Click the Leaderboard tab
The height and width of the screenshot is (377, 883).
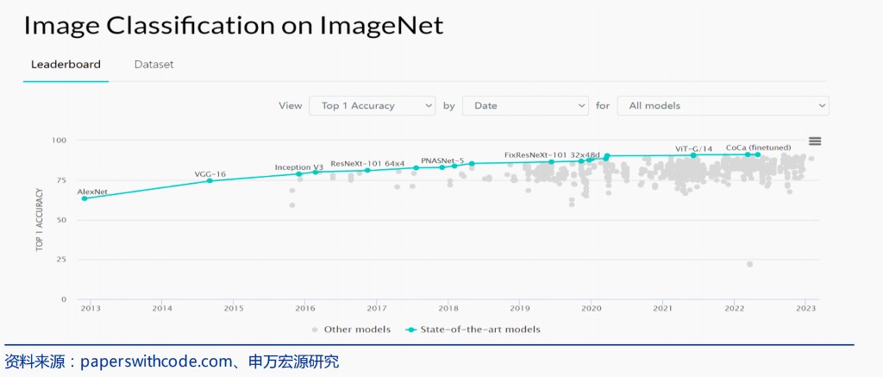coord(66,65)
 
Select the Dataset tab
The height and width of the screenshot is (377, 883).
coord(153,65)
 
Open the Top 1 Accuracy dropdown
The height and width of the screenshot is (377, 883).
coord(372,105)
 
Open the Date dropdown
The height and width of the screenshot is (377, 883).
coord(524,105)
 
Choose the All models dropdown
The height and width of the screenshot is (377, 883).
coord(723,105)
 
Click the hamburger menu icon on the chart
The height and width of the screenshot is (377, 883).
coord(815,141)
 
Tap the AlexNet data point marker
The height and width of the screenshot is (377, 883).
coord(85,198)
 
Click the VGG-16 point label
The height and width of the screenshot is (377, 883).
coord(210,174)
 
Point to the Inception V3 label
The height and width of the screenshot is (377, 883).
coord(298,167)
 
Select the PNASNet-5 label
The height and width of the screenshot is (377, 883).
coord(442,160)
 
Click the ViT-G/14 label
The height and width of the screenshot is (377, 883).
coord(693,148)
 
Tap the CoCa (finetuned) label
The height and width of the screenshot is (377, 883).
coord(758,148)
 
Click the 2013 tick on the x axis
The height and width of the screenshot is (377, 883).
coord(91,308)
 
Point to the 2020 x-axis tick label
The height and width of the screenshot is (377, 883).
coord(591,308)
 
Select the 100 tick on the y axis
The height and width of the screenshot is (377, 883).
coord(59,140)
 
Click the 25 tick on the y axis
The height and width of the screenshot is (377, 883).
coord(61,260)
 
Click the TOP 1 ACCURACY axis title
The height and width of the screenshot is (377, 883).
coord(40,219)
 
